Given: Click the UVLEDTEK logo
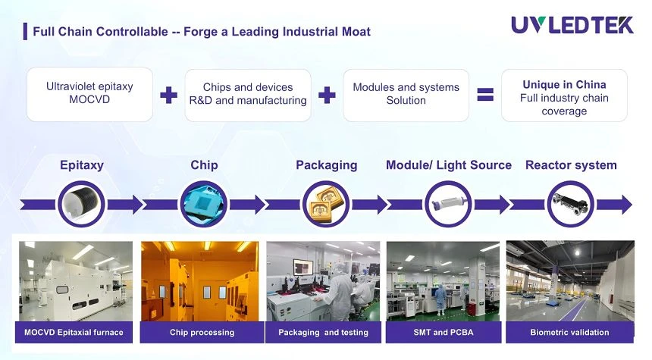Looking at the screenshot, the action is (x=572, y=25).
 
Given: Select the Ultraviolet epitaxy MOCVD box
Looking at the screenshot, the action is (x=89, y=95).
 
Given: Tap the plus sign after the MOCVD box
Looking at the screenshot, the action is (x=168, y=95).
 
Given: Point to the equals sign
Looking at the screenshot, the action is (x=485, y=95).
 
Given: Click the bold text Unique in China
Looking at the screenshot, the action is (x=564, y=84).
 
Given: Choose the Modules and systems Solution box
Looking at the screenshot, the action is (x=406, y=95).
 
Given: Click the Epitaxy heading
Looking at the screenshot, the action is (x=82, y=165).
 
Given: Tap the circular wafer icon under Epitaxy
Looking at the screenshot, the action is (x=81, y=204).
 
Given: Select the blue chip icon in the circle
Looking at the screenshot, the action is (x=204, y=204).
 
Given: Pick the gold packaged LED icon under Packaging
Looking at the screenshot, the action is (x=326, y=204).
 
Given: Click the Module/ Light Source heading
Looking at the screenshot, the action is (x=449, y=165).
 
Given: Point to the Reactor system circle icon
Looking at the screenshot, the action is (x=570, y=204).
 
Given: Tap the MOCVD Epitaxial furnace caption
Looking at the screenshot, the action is (x=74, y=333).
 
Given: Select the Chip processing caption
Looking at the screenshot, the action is (x=202, y=333).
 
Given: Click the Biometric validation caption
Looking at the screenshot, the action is (x=569, y=333).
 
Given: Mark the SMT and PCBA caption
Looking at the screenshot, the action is (x=444, y=333).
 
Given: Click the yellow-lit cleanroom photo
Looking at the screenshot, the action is (x=199, y=281).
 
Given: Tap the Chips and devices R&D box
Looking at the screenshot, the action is (x=248, y=95).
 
